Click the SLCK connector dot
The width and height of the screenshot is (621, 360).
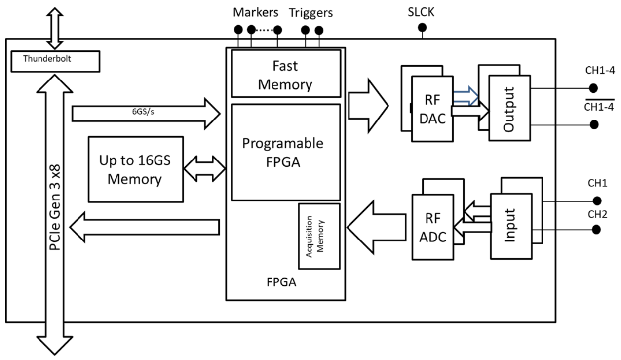[x=422, y=29]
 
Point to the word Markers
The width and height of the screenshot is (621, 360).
[x=256, y=12]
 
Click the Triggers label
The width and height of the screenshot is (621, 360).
[x=311, y=12]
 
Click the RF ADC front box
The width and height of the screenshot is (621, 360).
[x=432, y=227]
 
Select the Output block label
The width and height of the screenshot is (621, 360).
[x=509, y=109]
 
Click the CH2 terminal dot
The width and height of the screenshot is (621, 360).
[x=597, y=229]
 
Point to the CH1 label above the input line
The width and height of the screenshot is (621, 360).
[x=597, y=184]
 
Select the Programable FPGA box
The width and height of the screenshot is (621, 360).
[x=285, y=152]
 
